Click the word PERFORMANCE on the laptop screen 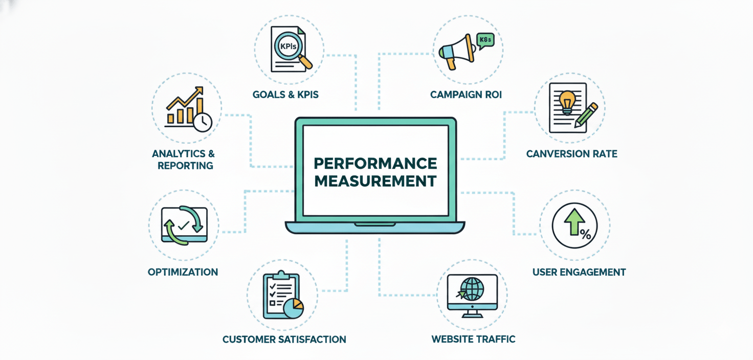(x=375, y=163)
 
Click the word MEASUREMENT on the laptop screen (x=375, y=181)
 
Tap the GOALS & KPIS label (x=286, y=95)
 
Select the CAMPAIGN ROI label (x=466, y=95)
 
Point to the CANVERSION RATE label (x=571, y=153)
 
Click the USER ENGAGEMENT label (x=579, y=272)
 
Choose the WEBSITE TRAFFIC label (x=473, y=339)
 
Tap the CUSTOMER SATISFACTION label (x=284, y=339)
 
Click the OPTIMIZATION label (x=183, y=272)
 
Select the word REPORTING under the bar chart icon (x=185, y=166)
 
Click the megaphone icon (x=457, y=51)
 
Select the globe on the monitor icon (x=472, y=289)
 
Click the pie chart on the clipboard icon (x=293, y=308)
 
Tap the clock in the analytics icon (x=203, y=122)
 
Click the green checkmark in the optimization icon (x=184, y=224)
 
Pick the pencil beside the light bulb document (x=586, y=115)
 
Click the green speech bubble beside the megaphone (x=485, y=40)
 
